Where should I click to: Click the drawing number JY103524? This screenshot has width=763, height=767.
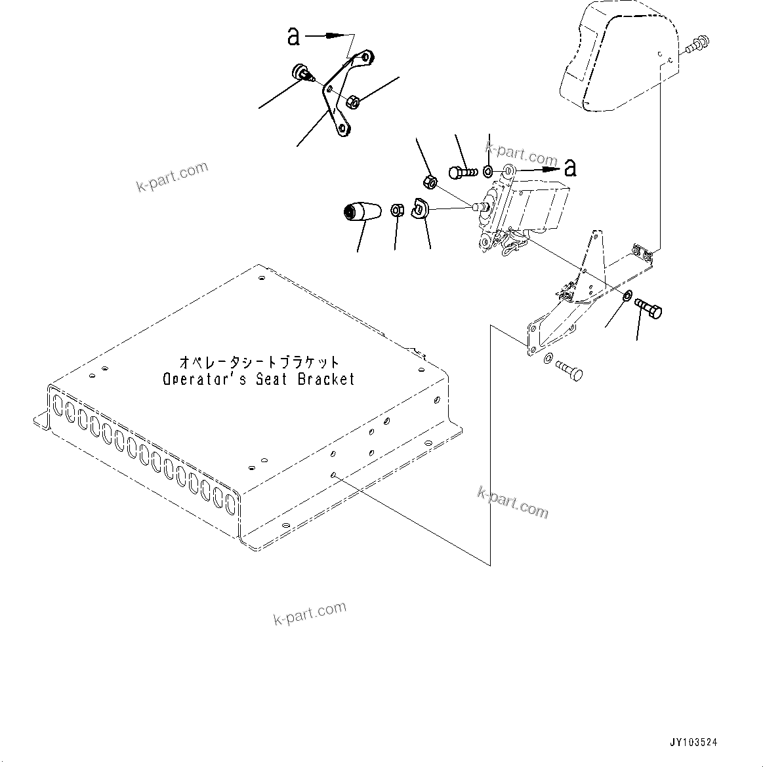[x=693, y=742]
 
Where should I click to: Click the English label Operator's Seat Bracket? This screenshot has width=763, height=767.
[x=258, y=379]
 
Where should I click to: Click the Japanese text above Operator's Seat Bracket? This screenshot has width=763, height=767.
[x=260, y=362]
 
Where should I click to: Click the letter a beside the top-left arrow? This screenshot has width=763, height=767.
[x=294, y=37]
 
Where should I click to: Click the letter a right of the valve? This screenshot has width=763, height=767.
[x=570, y=168]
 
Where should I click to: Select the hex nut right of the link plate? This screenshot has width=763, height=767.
[x=352, y=102]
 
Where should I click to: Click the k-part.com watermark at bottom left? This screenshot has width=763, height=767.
[x=310, y=612]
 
